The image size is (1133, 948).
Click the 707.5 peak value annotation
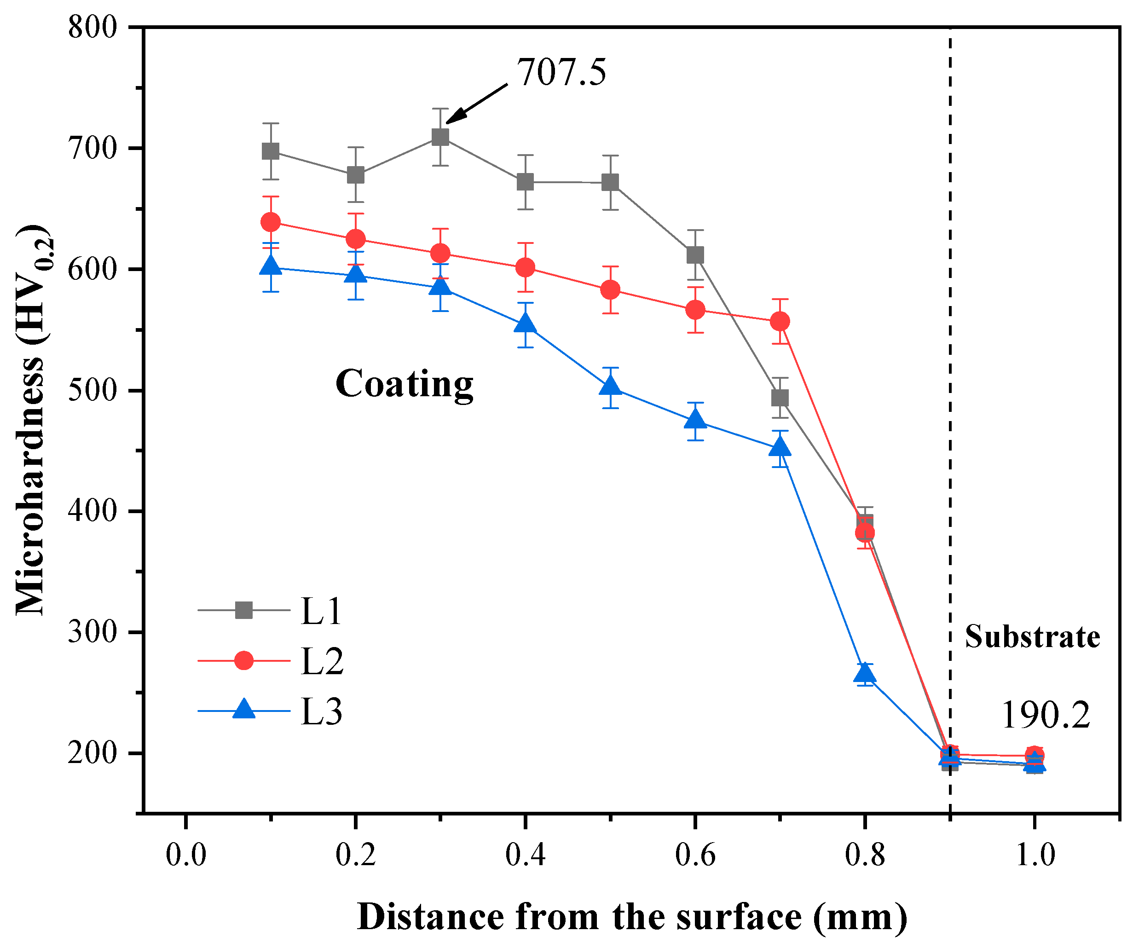(x=561, y=72)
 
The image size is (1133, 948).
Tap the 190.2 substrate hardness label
(x=1046, y=716)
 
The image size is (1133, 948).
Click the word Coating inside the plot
(x=404, y=384)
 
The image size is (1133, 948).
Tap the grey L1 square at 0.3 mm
(x=441, y=137)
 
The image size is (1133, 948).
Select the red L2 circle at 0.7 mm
(x=780, y=322)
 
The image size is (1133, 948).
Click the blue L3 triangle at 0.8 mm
(x=865, y=674)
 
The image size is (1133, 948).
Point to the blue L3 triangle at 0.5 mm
(x=610, y=386)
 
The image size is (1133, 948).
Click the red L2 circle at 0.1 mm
(x=270, y=222)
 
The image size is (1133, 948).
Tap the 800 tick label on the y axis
(x=92, y=27)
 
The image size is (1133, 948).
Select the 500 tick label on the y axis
(x=92, y=390)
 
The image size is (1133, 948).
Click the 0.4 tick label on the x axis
(x=525, y=855)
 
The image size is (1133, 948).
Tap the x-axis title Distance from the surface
(x=631, y=917)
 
